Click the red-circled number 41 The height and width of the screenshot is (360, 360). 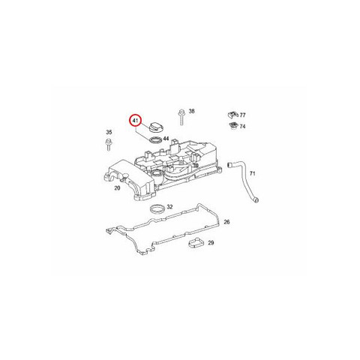point(135,121)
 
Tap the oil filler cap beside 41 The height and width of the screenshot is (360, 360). point(154,127)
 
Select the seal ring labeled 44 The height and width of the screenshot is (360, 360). point(155,140)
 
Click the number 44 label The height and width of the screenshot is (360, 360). point(166,139)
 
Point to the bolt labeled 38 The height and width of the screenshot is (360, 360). point(181,117)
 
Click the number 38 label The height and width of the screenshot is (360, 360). point(191,111)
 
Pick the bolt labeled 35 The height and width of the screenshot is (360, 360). point(109,144)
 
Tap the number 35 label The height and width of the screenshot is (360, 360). point(109,132)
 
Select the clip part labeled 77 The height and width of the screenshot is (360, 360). point(232,115)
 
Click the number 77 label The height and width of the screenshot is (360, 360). point(242,115)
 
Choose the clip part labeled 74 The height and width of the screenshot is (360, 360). point(233,126)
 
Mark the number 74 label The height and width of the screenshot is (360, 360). point(242,127)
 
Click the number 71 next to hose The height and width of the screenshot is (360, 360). point(253,173)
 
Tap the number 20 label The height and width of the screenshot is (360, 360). point(117,188)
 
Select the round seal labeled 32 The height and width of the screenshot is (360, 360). point(157,208)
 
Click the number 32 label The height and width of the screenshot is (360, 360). point(169,207)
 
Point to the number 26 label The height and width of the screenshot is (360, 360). point(226,222)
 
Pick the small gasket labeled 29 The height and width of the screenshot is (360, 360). point(196,243)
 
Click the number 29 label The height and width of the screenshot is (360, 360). point(211,243)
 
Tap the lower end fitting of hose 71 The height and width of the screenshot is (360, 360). point(256,199)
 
